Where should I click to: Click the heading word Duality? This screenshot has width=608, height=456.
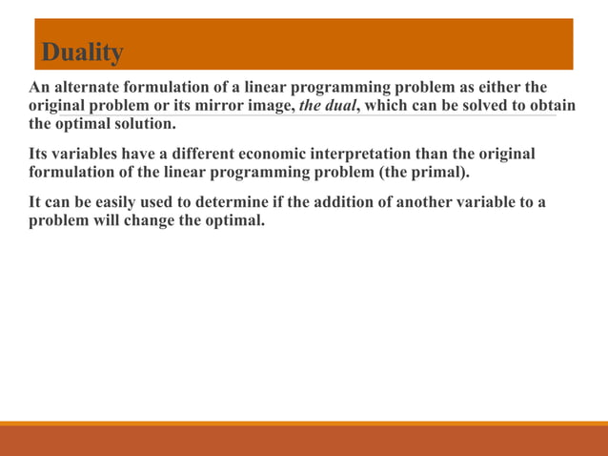(x=82, y=52)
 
